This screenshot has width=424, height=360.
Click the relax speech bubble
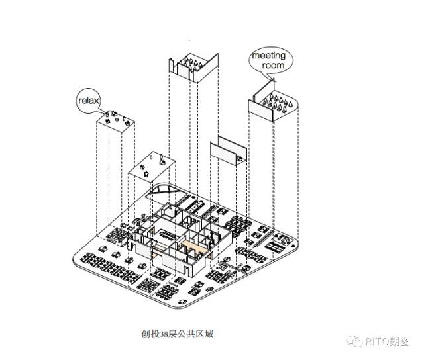[88, 101]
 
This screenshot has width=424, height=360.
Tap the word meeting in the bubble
[268, 56]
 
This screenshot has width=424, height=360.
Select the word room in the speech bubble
[272, 66]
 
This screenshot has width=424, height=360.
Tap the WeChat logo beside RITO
[354, 341]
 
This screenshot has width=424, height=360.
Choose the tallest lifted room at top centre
[193, 67]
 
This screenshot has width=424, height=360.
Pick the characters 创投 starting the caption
[147, 334]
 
